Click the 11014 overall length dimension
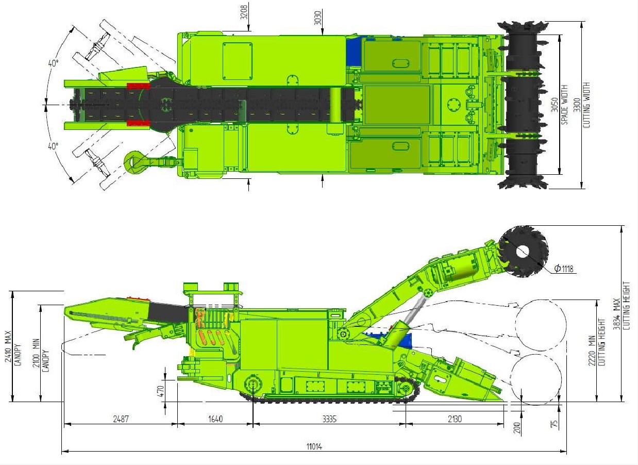(x=314, y=446)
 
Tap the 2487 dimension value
(x=121, y=419)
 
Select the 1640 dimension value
(x=215, y=419)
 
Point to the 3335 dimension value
(x=329, y=419)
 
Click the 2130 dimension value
(x=455, y=419)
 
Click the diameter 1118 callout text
(x=564, y=269)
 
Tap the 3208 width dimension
(x=244, y=12)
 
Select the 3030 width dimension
(x=318, y=17)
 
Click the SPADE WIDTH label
(x=564, y=105)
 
